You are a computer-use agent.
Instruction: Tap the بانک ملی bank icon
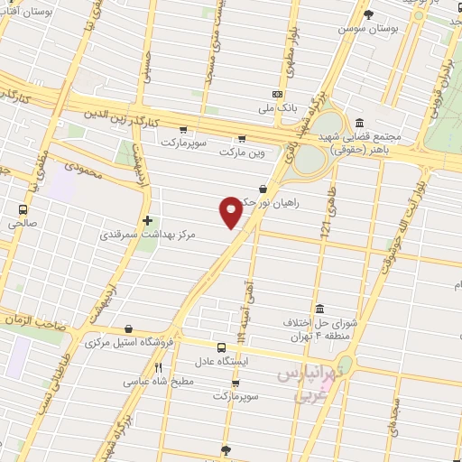[276, 95]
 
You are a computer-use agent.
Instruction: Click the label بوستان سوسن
[368, 29]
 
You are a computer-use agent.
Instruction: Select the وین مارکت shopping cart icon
[241, 139]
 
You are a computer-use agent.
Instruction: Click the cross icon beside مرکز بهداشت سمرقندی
[147, 220]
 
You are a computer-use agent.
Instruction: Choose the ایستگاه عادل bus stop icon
[222, 346]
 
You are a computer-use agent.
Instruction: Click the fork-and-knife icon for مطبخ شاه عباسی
[159, 367]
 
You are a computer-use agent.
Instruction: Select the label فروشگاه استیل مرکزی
[123, 344]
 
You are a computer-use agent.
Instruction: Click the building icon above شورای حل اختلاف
[319, 308]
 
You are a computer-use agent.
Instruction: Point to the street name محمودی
[88, 168]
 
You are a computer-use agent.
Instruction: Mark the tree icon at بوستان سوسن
[368, 14]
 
